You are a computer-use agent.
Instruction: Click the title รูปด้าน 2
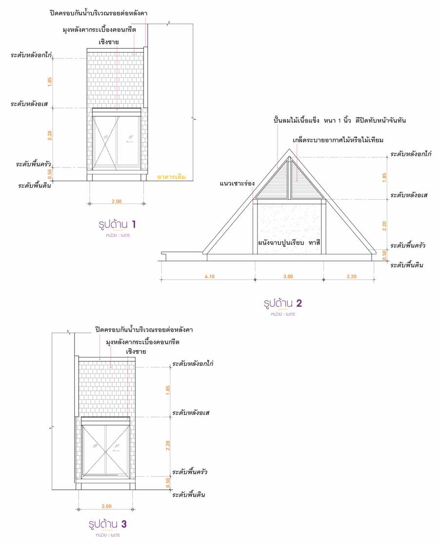click(283, 303)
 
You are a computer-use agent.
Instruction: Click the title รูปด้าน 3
click(108, 524)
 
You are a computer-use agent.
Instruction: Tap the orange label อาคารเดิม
click(172, 177)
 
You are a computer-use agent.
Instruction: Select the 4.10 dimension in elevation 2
click(209, 277)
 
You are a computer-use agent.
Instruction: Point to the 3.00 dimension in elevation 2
click(288, 277)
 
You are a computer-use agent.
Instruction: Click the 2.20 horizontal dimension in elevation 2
click(351, 277)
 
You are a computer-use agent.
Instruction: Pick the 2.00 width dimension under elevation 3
click(107, 507)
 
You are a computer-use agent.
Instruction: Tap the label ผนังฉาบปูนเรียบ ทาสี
click(292, 242)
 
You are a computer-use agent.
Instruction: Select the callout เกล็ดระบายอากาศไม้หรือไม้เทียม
click(338, 140)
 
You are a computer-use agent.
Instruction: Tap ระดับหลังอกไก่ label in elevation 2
click(411, 154)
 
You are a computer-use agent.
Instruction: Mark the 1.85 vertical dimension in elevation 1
click(49, 82)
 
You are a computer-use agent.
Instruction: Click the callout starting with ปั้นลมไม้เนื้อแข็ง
click(339, 120)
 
